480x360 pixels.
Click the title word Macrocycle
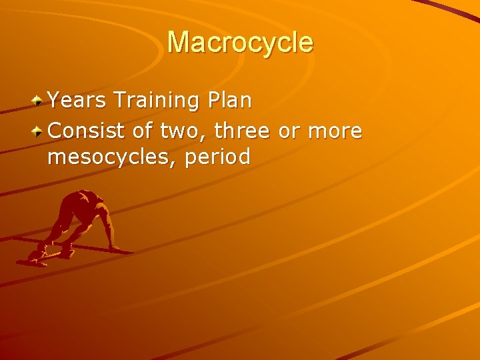(240, 42)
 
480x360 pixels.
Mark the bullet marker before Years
(40, 101)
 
